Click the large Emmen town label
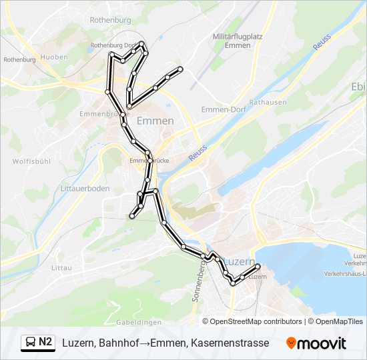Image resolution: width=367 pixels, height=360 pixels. [155, 121]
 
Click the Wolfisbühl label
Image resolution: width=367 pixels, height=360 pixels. [32, 161]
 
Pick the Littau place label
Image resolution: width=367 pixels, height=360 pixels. [61, 267]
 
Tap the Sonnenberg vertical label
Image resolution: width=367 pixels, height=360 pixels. [198, 281]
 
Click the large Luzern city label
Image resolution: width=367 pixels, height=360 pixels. [240, 260]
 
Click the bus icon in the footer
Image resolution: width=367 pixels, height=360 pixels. [30, 343]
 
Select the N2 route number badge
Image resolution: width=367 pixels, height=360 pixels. [45, 342]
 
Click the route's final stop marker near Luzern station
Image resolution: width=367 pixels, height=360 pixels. [258, 267]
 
